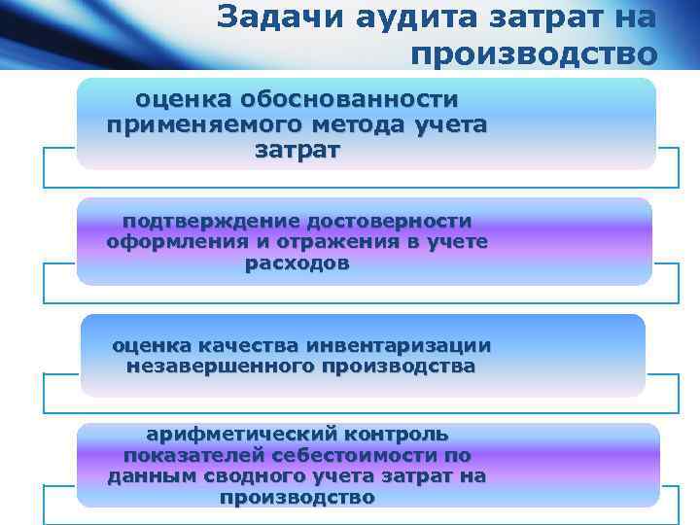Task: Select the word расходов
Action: [297, 262]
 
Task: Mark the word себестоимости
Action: [352, 455]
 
